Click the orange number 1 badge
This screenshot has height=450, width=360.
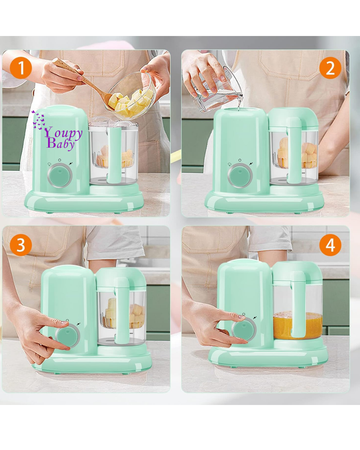coord(21,68)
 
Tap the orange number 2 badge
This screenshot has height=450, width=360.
coord(330,68)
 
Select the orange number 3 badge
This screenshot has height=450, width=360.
coord(21,245)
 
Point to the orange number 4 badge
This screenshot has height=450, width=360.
coord(330,245)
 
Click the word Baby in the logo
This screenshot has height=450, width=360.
coord(61,144)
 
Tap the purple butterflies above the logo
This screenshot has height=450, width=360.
coord(38,120)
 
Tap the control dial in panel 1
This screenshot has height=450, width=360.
coord(60,175)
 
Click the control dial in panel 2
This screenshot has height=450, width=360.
coord(240,175)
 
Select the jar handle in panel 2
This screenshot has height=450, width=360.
coord(294,150)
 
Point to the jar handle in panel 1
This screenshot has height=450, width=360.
coord(114,155)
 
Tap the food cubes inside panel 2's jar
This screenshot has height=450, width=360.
coord(297,153)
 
